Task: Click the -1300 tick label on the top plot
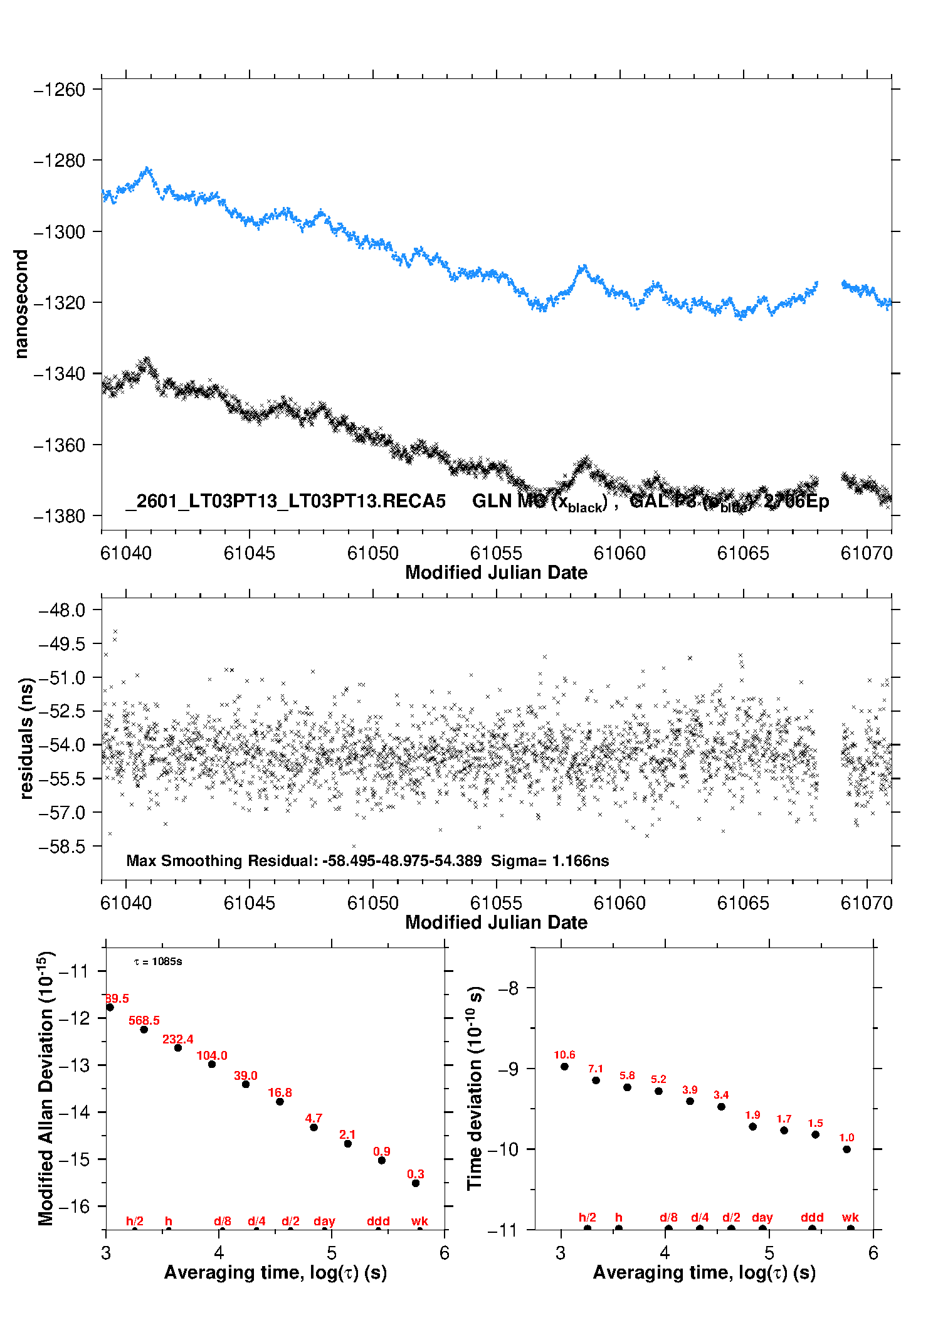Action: [59, 232]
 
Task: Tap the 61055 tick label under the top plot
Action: [496, 553]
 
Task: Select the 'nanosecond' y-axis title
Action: [21, 304]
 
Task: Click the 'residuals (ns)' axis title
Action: [26, 738]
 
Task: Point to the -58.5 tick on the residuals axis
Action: [61, 847]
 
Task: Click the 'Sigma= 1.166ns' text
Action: [549, 860]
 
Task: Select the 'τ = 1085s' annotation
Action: [158, 961]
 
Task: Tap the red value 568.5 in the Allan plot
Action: [144, 1020]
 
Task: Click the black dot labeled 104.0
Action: [212, 1064]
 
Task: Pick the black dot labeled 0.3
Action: [416, 1183]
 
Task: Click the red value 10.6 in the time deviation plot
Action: [564, 1055]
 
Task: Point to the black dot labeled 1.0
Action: [846, 1149]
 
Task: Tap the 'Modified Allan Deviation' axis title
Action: [46, 1088]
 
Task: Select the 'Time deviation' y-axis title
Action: [475, 1088]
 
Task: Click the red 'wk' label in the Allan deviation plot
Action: [419, 1221]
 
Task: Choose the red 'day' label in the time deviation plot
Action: [762, 1217]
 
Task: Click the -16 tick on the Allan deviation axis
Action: [74, 1206]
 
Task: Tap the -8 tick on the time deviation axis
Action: [508, 988]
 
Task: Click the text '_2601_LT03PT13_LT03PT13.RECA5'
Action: [286, 501]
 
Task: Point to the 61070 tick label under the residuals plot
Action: [866, 903]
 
